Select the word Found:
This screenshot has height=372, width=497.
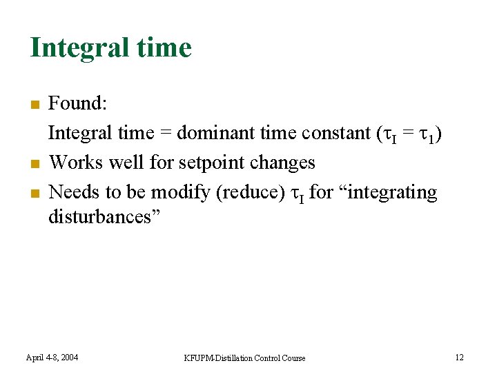(x=77, y=103)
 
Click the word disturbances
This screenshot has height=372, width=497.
(x=104, y=217)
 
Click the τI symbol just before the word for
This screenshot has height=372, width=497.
(x=295, y=194)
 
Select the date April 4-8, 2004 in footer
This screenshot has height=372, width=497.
(x=52, y=357)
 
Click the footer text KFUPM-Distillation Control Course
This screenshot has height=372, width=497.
(x=244, y=358)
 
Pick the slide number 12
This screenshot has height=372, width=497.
(x=459, y=357)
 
